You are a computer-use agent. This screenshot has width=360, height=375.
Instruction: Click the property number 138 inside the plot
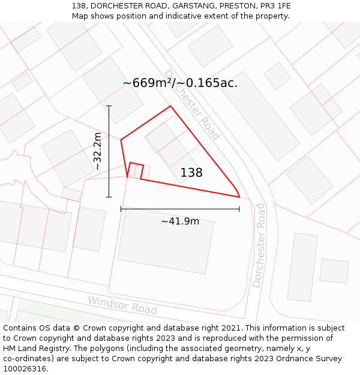point(191,173)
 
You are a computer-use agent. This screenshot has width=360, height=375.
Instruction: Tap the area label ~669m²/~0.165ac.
point(180,83)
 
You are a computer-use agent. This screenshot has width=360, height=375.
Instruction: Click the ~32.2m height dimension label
point(98,151)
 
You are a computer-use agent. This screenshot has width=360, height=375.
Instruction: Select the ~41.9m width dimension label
point(180,221)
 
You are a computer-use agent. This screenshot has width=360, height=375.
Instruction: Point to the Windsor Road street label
point(122,305)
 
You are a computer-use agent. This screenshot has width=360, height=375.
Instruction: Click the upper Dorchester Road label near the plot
point(192,104)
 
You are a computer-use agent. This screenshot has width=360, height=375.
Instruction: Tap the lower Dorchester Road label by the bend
point(259,245)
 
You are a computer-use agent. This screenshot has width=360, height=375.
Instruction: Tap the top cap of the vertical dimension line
point(109,106)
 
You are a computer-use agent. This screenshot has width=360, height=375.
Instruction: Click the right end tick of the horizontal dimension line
point(239,209)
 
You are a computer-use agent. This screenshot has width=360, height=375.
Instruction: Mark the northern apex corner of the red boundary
point(171,106)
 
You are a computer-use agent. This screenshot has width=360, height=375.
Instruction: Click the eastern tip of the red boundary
point(239,196)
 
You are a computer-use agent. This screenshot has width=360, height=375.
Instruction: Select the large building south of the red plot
point(166,240)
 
